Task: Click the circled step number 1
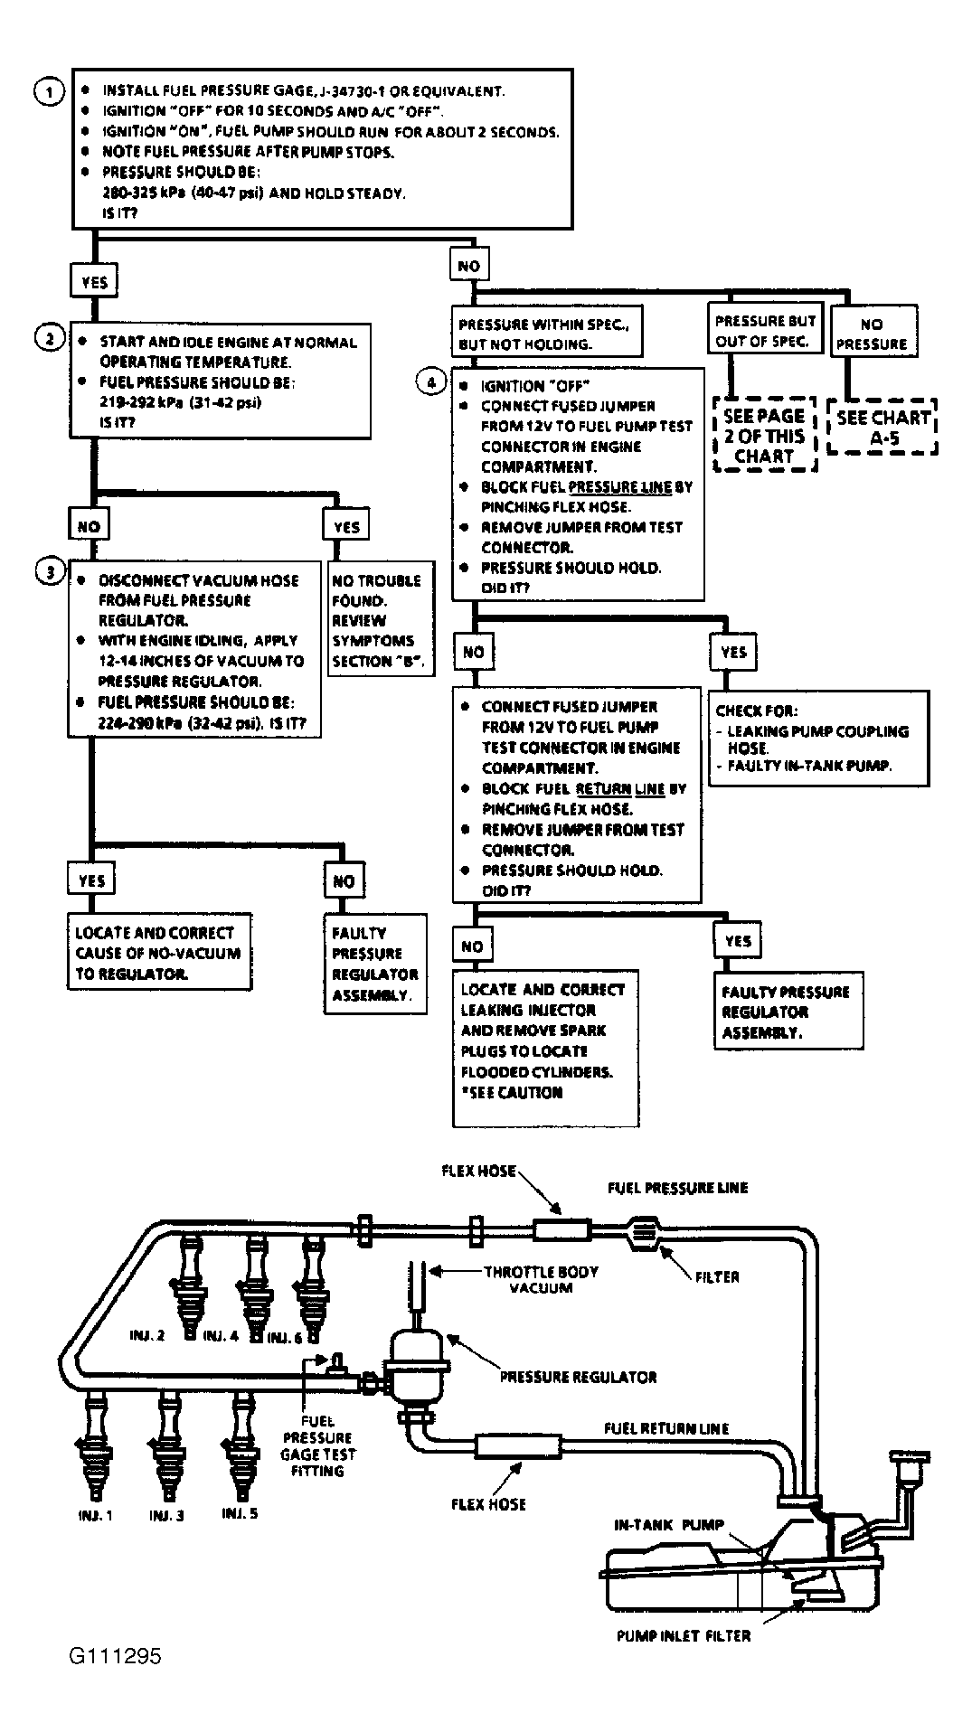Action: click(48, 92)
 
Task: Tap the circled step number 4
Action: click(430, 382)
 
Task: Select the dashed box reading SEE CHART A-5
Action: click(882, 428)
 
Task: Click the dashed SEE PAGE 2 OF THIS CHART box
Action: click(764, 435)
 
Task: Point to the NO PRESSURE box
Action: click(872, 334)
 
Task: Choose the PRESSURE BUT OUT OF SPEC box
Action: click(765, 331)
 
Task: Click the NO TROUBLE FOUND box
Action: click(379, 621)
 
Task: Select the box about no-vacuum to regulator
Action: click(159, 953)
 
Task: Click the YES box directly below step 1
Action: click(94, 281)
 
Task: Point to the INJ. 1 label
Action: click(93, 1515)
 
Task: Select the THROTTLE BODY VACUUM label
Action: click(541, 1279)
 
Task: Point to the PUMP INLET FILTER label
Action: click(684, 1635)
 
